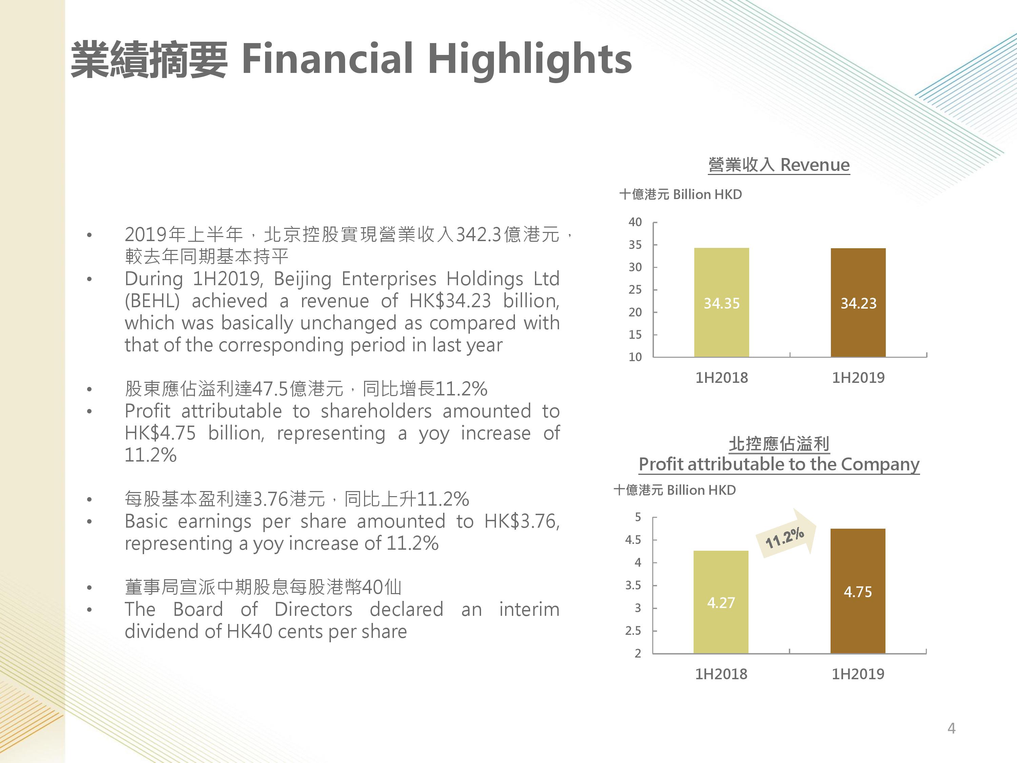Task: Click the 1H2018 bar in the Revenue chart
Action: tap(721, 302)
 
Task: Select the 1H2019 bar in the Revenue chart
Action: tap(858, 302)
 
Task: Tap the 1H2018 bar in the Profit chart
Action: tap(721, 602)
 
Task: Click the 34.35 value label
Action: tap(721, 303)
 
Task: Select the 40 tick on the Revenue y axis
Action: tap(635, 222)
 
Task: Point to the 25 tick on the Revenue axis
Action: tap(635, 289)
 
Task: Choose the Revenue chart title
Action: tap(779, 165)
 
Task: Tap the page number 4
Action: tap(951, 728)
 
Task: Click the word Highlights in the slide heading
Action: tap(530, 59)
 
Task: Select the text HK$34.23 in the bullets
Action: tap(450, 301)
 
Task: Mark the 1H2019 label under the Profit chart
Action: tap(858, 674)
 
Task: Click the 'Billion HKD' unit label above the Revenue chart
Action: tap(707, 195)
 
